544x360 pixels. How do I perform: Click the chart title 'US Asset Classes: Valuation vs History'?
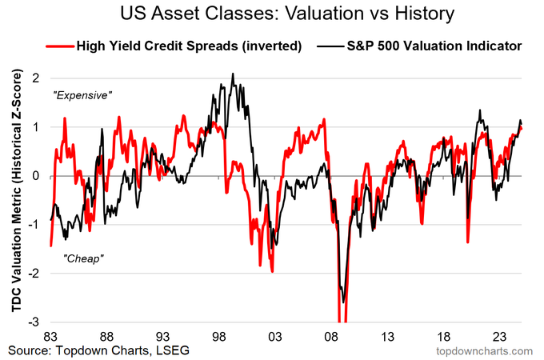271,14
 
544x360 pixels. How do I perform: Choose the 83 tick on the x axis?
50,337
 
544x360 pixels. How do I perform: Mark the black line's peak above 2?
233,74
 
